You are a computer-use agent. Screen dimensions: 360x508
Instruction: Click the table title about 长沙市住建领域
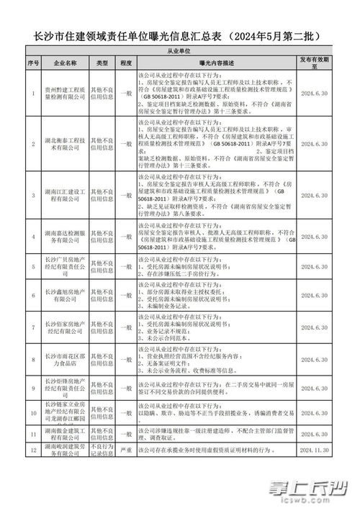tap(179, 35)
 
